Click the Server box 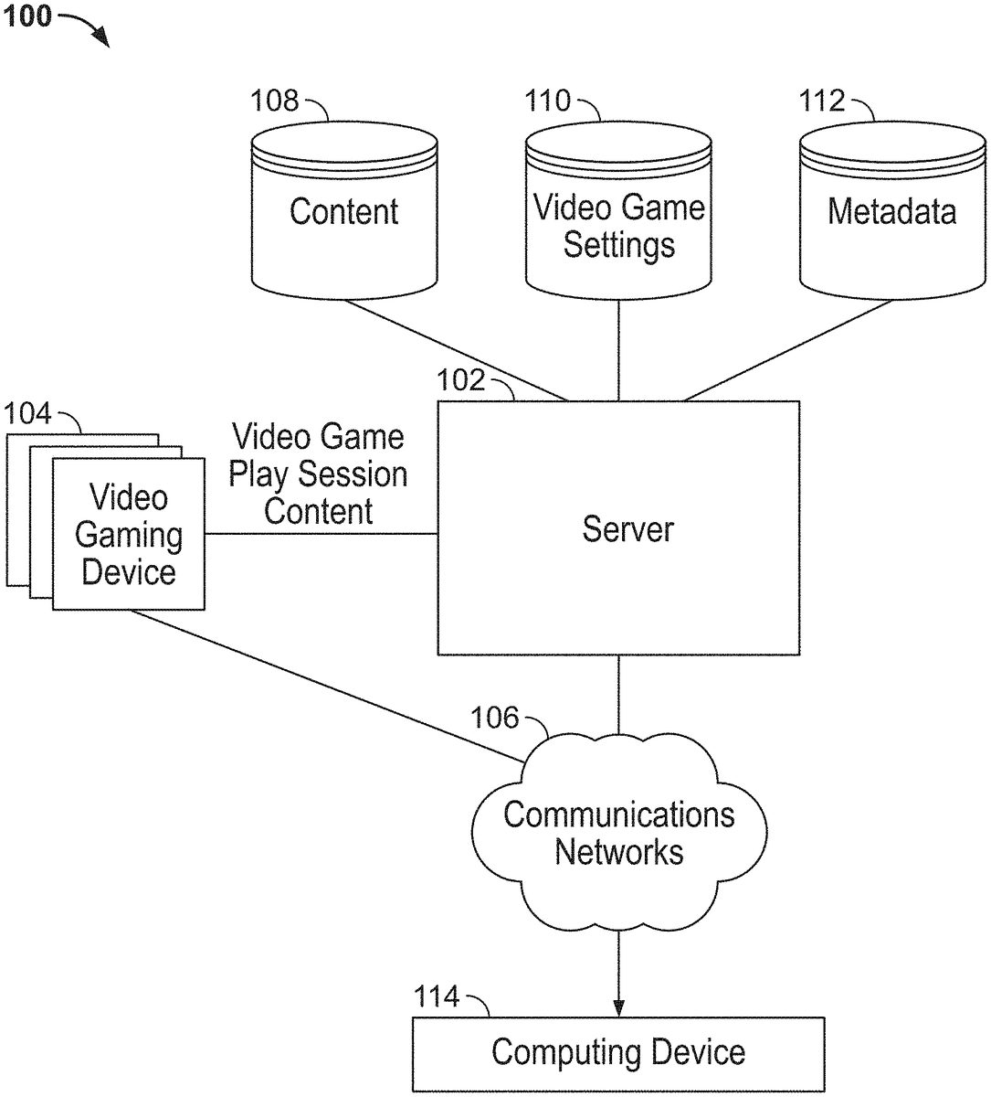point(618,527)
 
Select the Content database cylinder point(343,212)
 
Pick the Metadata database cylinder point(891,212)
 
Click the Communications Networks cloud point(618,832)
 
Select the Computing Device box point(618,1053)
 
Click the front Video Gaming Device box point(129,535)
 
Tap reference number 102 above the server point(461,379)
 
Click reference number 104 point(27,413)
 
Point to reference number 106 point(494,718)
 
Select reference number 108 point(274,100)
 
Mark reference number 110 point(547,100)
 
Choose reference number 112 point(822,100)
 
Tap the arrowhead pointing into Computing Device point(618,1007)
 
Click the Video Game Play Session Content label point(318,474)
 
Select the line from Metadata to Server point(787,351)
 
